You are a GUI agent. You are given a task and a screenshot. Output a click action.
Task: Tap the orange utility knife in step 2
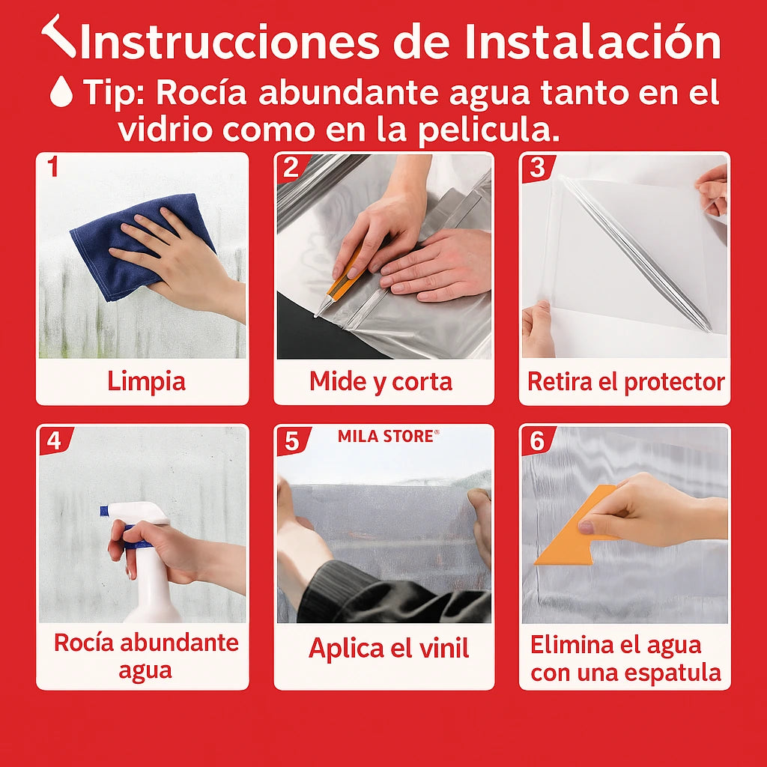pos(342,282)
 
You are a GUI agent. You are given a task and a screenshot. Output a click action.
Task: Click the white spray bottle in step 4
pos(147,563)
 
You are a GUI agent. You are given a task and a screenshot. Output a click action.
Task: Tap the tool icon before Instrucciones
pos(58,36)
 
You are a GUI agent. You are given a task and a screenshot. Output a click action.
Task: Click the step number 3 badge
pos(538,168)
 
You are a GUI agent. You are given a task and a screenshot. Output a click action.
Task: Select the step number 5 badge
pos(293,440)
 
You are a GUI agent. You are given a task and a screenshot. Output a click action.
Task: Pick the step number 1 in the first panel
pos(53,166)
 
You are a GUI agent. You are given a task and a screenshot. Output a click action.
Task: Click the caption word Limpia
pos(146,381)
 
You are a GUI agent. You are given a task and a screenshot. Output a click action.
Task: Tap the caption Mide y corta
pos(381,381)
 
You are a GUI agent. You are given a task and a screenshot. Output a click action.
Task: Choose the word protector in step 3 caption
pos(675,382)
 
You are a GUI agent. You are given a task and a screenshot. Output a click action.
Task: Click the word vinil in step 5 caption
pos(443,648)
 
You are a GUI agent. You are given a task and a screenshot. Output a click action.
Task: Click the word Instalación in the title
pos(593,42)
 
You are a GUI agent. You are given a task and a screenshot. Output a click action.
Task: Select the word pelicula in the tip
pos(488,130)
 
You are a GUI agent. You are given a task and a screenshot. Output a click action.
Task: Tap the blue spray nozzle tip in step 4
pos(104,511)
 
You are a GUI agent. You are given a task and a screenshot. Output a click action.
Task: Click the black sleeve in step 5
pos(391,594)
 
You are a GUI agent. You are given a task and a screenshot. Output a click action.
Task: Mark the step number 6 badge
pos(538,440)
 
